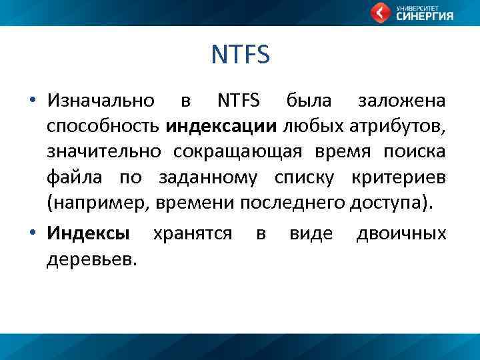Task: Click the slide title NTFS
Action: [x=240, y=55]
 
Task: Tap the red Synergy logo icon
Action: [x=381, y=13]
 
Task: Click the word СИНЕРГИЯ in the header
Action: [x=425, y=17]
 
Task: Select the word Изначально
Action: [x=101, y=101]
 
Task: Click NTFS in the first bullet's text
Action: [x=239, y=101]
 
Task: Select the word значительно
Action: [x=103, y=152]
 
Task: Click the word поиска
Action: [x=414, y=152]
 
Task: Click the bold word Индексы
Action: [x=89, y=233]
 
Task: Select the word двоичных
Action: [x=401, y=233]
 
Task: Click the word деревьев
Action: [x=91, y=259]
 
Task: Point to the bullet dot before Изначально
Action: [x=32, y=102]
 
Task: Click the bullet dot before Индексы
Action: [x=32, y=234]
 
